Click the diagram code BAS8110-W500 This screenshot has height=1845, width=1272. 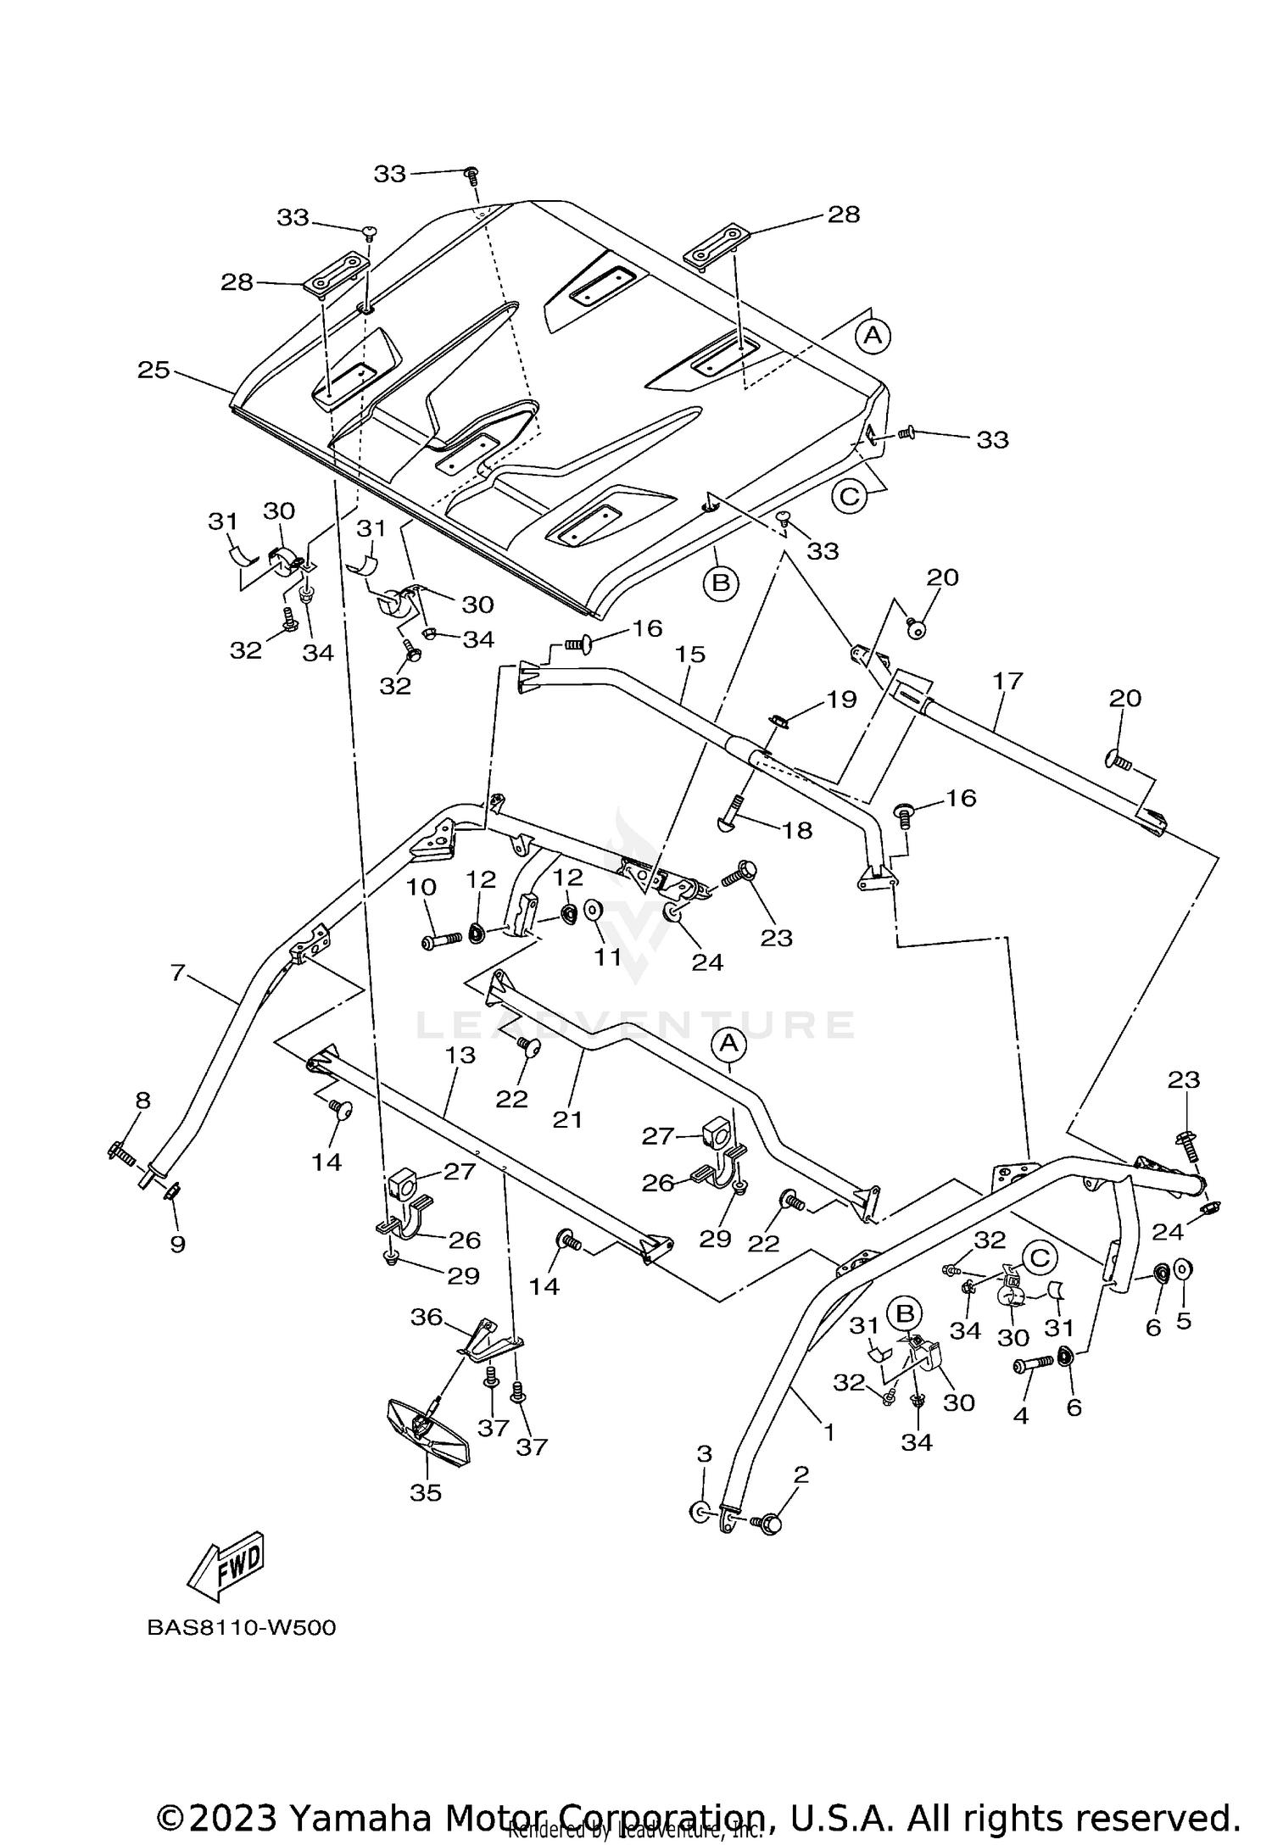click(x=242, y=1628)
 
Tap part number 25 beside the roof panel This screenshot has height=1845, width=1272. click(x=154, y=371)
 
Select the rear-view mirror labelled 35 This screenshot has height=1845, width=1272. click(x=429, y=1432)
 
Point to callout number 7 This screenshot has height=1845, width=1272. click(x=177, y=972)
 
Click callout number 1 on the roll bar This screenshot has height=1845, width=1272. click(x=829, y=1432)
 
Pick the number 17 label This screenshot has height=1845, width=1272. click(x=1008, y=680)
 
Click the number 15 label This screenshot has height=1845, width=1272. click(x=691, y=655)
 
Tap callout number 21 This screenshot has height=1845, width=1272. click(x=567, y=1119)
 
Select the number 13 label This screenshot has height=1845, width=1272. click(x=460, y=1055)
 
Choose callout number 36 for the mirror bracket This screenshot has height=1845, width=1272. click(x=427, y=1317)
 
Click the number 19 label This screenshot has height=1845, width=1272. click(x=842, y=700)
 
